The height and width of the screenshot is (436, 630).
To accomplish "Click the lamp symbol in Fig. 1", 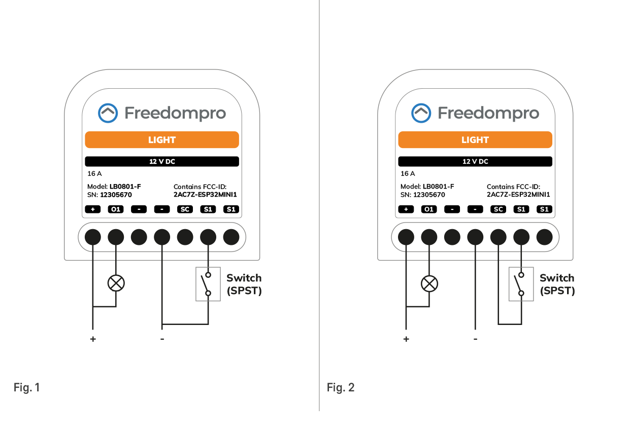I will coord(116,283).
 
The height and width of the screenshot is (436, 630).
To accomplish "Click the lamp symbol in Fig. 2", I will coord(429,283).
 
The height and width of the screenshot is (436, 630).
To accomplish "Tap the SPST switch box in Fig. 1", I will coord(208,284).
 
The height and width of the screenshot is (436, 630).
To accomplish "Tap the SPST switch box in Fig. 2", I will coord(521,284).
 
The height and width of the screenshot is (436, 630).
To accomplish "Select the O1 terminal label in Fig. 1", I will coord(116,209).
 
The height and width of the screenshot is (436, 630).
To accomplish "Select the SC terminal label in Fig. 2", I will coord(499,209).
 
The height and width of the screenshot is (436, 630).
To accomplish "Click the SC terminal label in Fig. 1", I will coord(185,209).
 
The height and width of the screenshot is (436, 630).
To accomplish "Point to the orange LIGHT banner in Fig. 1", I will coord(162,140).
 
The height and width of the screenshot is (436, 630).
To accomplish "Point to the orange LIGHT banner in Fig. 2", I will coord(475,140).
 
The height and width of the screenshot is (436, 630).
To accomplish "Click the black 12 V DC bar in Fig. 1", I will coord(162,162).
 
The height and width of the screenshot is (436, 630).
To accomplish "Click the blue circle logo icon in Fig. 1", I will coord(108,113).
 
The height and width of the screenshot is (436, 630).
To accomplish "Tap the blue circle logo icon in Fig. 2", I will coord(421,113).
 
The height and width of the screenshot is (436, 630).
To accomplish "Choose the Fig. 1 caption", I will coord(26,388).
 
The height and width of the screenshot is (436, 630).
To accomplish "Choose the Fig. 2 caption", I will coord(341,388).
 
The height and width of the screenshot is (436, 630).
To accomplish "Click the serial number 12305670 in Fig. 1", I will coord(116,195).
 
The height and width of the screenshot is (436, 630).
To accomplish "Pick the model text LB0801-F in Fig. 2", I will coord(438,187).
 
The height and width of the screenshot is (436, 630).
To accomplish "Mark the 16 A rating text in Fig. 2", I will coord(408,173).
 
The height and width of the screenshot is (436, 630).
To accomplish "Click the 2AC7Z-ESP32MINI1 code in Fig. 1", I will coord(205,195).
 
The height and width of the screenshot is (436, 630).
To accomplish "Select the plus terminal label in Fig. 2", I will coord(406,209).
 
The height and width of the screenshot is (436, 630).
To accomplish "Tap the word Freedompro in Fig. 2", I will coord(488,113).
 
